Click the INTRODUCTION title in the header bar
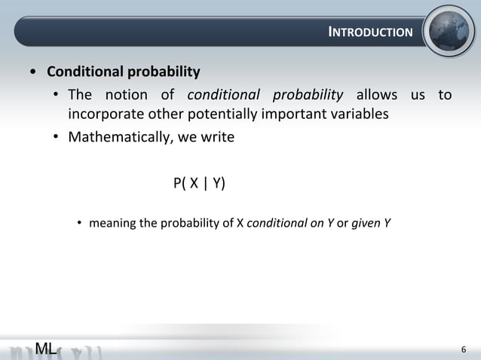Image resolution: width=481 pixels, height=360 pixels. (x=371, y=32)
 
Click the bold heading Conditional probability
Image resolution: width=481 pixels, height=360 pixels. (x=124, y=73)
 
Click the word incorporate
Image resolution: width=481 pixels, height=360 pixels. (x=104, y=114)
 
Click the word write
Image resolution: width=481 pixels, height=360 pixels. (x=217, y=137)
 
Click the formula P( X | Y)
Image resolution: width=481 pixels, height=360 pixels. (x=199, y=183)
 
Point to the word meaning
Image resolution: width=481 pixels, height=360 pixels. (x=114, y=223)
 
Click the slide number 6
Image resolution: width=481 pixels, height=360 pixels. (x=464, y=349)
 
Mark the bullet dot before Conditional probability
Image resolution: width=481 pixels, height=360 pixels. (x=32, y=74)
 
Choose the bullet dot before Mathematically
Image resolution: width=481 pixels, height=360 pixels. (x=56, y=138)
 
